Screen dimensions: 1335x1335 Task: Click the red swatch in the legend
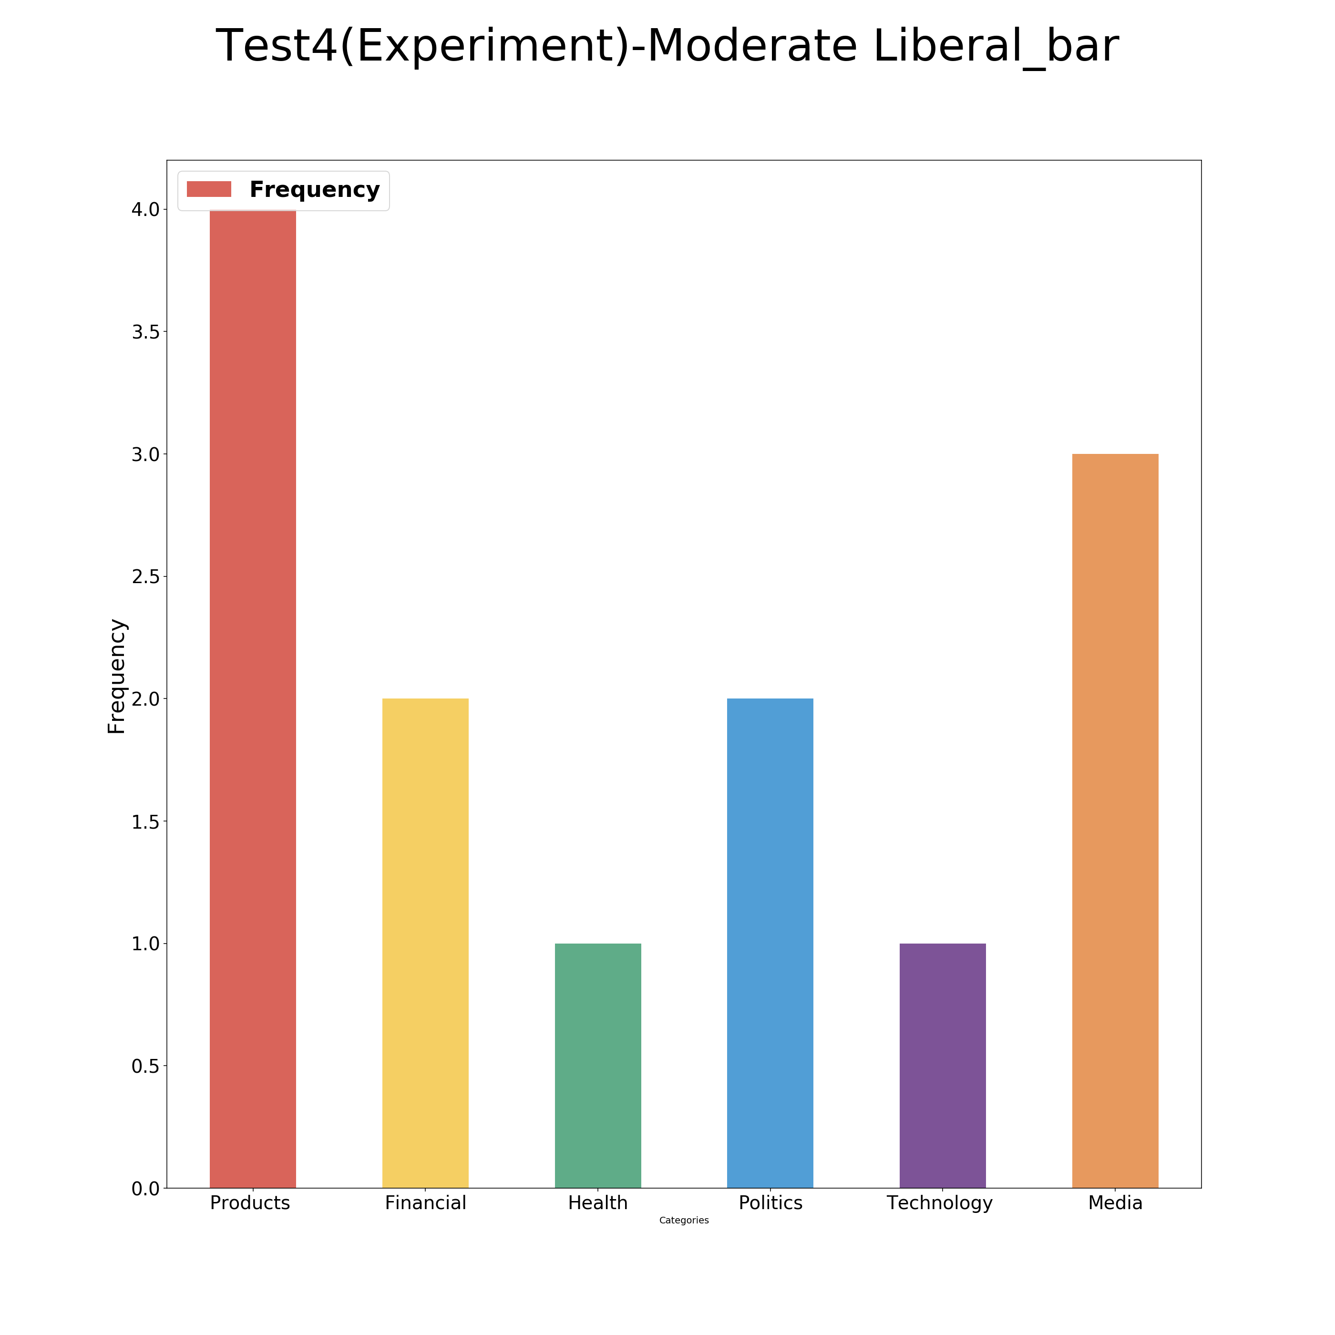pos(209,189)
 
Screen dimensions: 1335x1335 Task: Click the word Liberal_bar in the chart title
pos(995,47)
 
